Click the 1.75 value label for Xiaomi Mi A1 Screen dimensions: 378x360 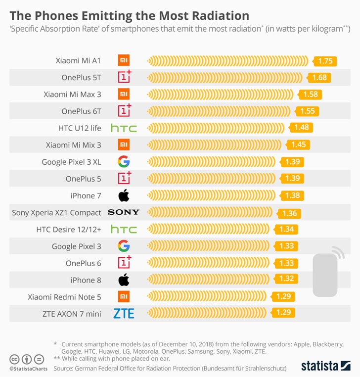[x=325, y=61]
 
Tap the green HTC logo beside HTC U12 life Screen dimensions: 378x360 [x=124, y=128]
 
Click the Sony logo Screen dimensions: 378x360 [x=124, y=212]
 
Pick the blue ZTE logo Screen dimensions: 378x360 [x=124, y=314]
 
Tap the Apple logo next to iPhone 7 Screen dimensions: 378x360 [x=124, y=195]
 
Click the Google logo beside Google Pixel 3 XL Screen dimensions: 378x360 [x=124, y=162]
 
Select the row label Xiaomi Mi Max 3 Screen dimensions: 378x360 [x=72, y=94]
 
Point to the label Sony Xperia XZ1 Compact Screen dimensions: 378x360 [x=56, y=213]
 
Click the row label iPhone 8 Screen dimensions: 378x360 [x=86, y=280]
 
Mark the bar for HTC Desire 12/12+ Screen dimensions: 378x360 [x=208, y=229]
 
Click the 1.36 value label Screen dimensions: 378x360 [x=289, y=214]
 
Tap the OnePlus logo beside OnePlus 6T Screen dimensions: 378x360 [x=124, y=110]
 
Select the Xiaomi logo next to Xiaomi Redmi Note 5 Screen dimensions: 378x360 [x=124, y=297]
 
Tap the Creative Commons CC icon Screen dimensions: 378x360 [x=14, y=359]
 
